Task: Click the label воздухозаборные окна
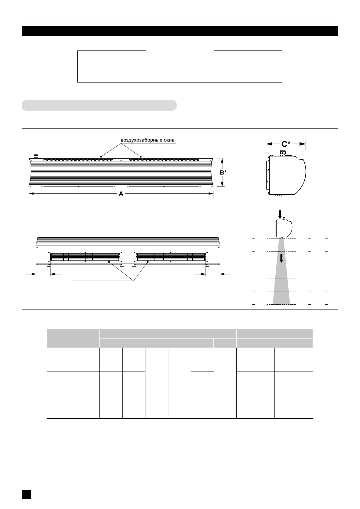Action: tap(148, 140)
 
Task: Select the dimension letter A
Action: tap(121, 194)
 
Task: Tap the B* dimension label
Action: tap(223, 173)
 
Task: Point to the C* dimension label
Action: tap(286, 144)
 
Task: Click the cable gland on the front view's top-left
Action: tap(36, 156)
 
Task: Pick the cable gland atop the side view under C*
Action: tap(283, 153)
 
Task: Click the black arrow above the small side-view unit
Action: tap(280, 215)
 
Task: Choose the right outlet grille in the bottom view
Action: tap(171, 258)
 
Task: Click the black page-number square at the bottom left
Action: tap(26, 494)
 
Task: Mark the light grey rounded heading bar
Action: tap(99, 105)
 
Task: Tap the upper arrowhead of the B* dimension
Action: tap(222, 160)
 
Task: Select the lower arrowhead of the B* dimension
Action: tap(222, 185)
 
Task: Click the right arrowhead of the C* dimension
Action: tap(303, 144)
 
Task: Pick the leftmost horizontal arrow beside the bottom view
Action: tap(30, 274)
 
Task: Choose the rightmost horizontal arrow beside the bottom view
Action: tap(225, 274)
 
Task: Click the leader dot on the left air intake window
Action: tap(101, 157)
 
